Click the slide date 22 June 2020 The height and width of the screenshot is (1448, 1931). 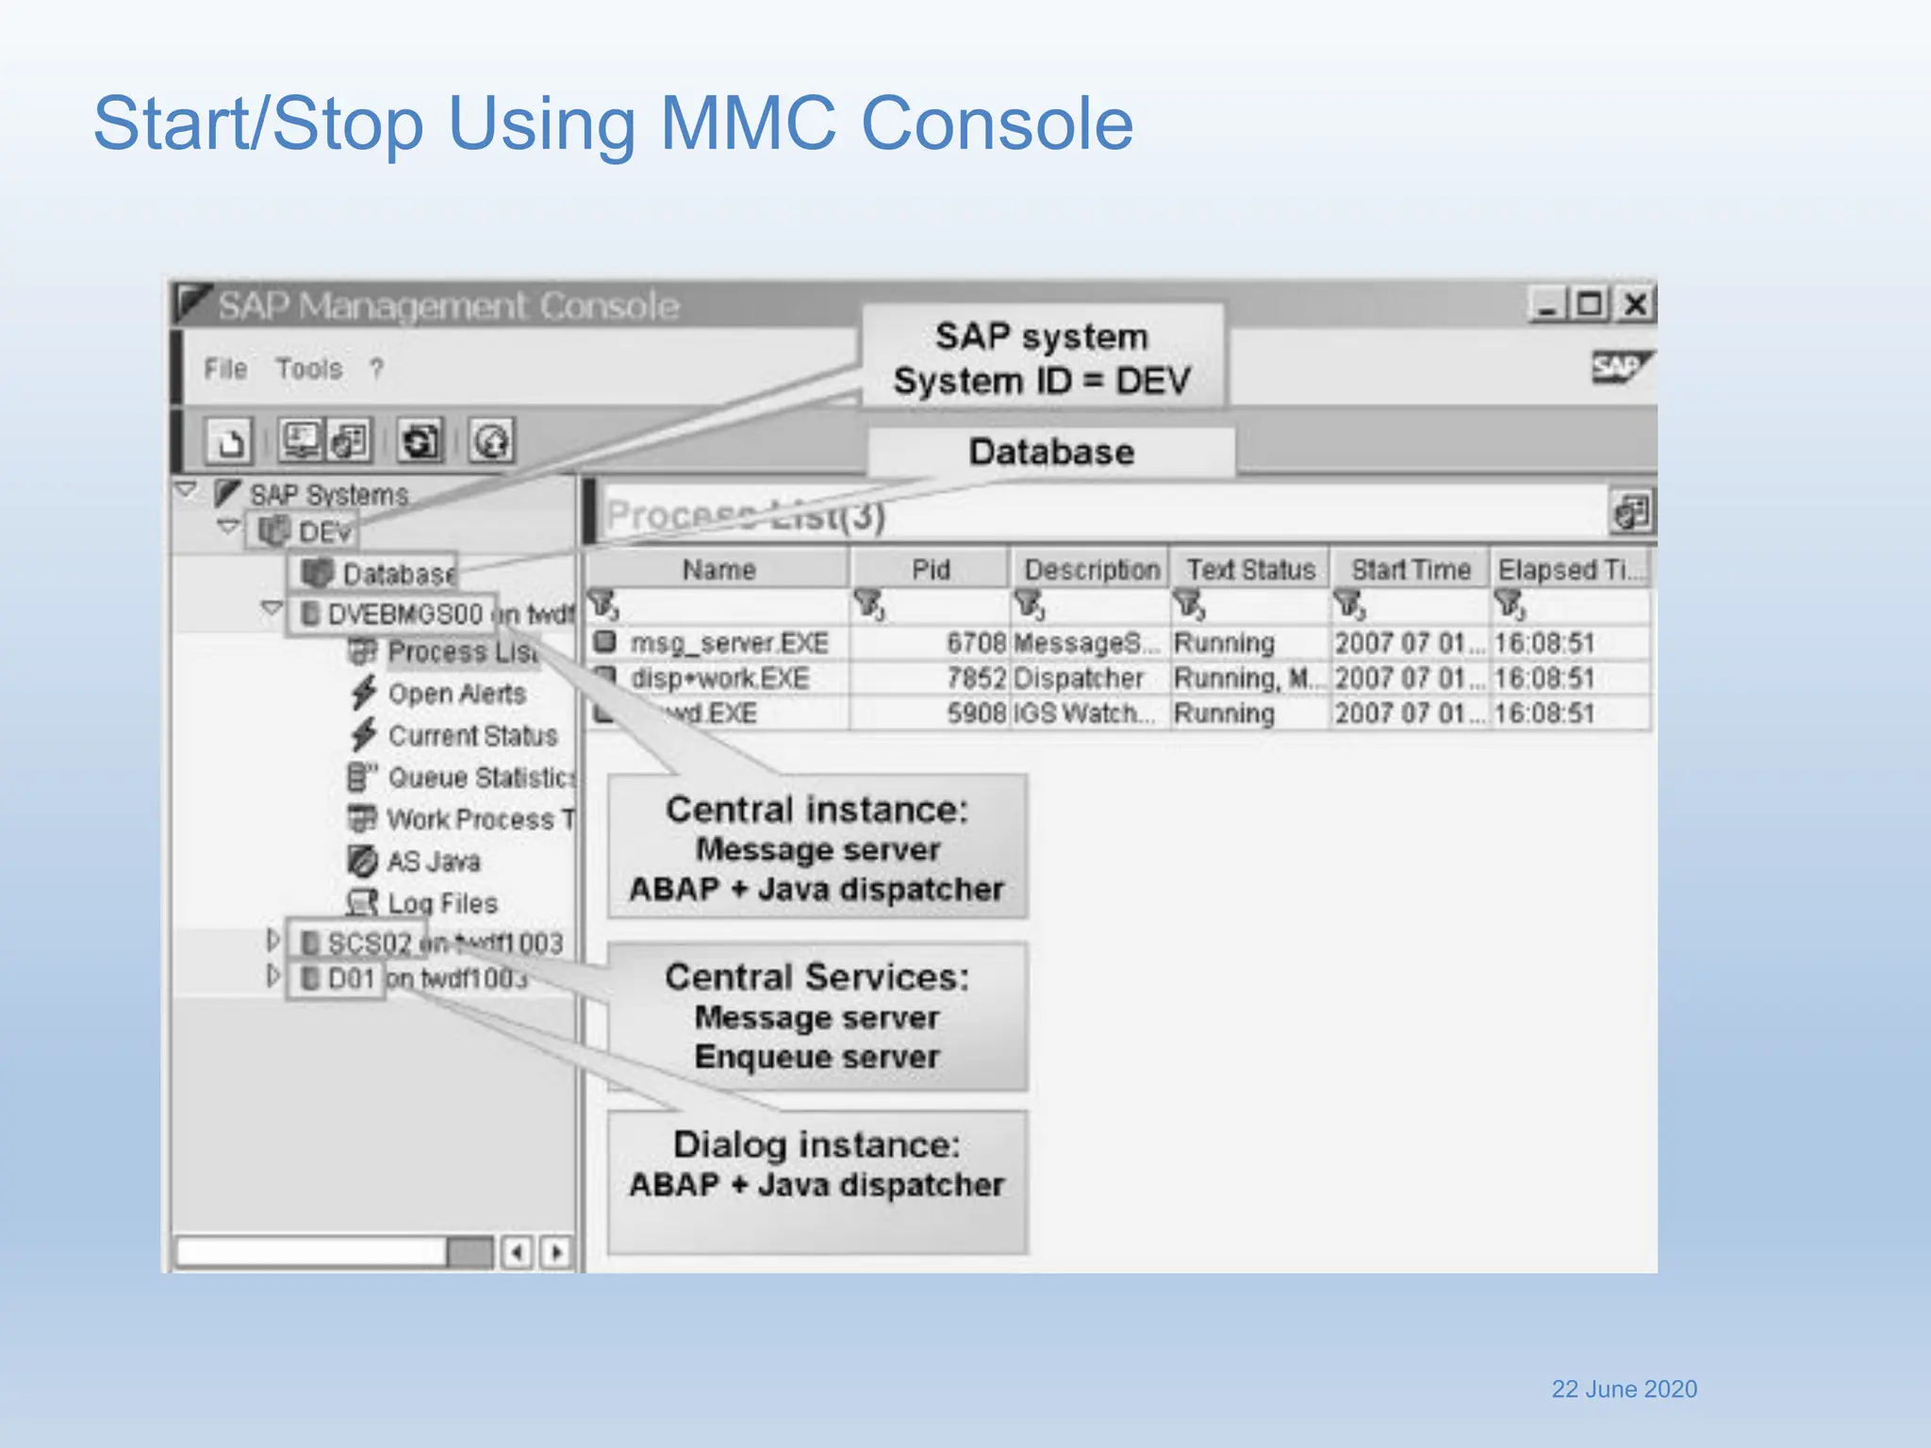click(1624, 1389)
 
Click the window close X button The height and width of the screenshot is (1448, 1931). click(1636, 304)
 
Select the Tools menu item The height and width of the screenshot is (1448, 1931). click(308, 369)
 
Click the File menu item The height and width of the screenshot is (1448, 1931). click(225, 369)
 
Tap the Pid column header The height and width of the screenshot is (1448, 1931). click(930, 569)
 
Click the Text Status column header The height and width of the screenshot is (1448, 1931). click(1250, 569)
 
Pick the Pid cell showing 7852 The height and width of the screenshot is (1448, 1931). click(976, 678)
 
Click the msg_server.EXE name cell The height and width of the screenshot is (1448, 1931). click(729, 643)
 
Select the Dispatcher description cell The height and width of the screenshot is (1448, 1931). click(1078, 678)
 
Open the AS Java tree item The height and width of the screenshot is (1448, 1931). click(433, 861)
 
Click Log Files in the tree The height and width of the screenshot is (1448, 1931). click(441, 903)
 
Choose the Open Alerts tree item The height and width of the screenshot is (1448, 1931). click(456, 694)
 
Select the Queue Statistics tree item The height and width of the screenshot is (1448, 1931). click(479, 778)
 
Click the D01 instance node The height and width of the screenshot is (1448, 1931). click(350, 979)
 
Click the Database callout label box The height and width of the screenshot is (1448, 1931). click(1050, 452)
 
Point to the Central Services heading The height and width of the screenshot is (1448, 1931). click(817, 977)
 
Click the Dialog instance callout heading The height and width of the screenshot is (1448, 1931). click(817, 1144)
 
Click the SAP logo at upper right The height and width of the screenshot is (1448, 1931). click(1619, 367)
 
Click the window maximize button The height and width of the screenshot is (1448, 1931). click(1590, 304)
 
